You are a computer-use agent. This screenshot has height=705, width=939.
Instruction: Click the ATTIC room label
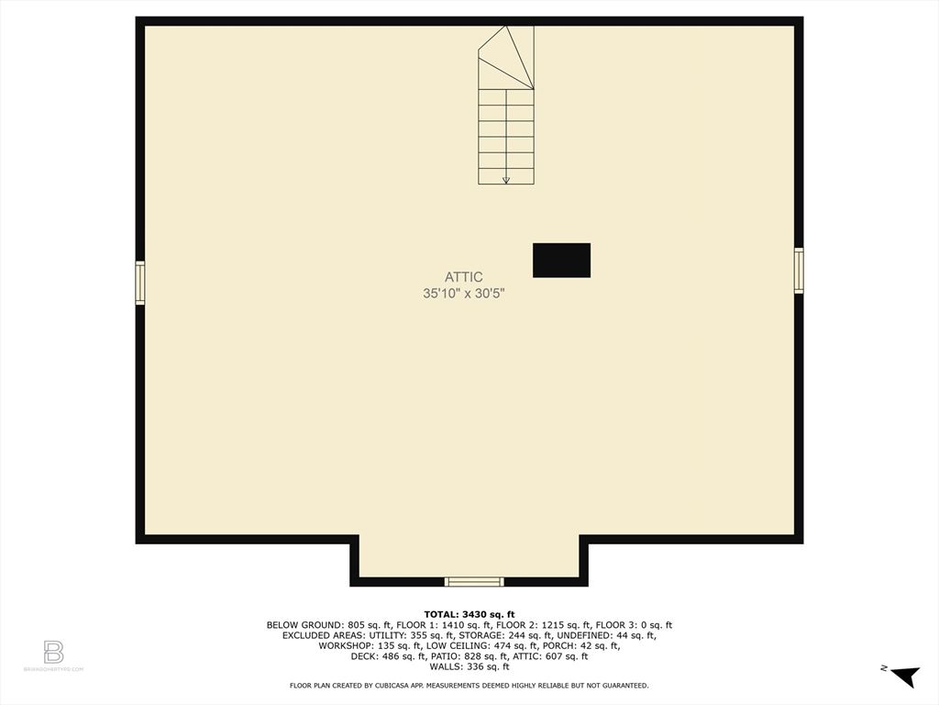click(x=464, y=276)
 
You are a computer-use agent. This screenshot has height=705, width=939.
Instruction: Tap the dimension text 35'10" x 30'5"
click(x=464, y=294)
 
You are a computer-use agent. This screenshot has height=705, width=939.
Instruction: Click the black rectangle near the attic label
click(x=561, y=260)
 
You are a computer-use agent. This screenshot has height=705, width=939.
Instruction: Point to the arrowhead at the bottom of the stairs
click(x=505, y=180)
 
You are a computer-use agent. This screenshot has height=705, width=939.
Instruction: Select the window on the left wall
click(x=140, y=282)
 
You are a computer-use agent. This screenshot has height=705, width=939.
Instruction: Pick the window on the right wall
click(x=799, y=271)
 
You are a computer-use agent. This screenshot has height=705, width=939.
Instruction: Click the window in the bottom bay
click(x=474, y=581)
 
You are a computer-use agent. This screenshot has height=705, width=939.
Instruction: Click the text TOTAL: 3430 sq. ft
click(x=469, y=614)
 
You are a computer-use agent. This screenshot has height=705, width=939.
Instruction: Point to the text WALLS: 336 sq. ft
click(x=469, y=666)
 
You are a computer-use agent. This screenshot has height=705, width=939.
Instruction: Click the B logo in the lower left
click(x=53, y=652)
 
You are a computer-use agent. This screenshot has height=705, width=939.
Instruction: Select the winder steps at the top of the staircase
click(x=507, y=58)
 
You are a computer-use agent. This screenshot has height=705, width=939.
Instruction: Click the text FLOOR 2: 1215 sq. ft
click(x=535, y=625)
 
